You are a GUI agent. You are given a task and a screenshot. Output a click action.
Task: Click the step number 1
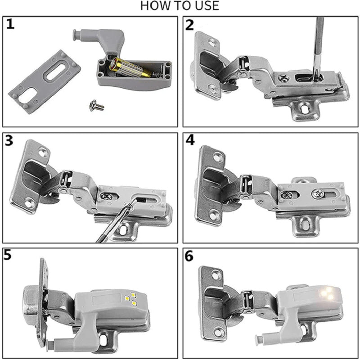pyautogui.click(x=10, y=24)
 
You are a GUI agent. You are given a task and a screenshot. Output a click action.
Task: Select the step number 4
pyautogui.click(x=190, y=141)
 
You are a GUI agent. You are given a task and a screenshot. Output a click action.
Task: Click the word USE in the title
pyautogui.click(x=206, y=6)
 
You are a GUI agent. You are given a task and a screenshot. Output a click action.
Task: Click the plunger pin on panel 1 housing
pyautogui.click(x=76, y=34)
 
